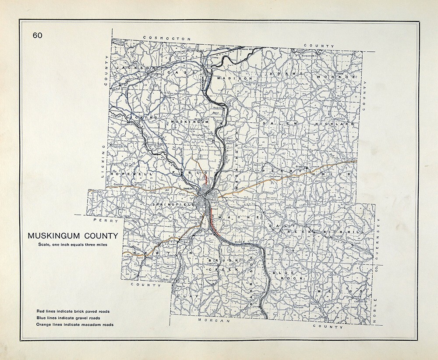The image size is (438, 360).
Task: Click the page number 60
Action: coord(37,35)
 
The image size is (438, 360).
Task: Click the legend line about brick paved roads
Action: coord(73,311)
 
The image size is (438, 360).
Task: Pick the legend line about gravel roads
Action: coord(69,318)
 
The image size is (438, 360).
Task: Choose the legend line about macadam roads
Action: coord(75,325)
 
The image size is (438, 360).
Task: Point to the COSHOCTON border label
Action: coord(170,39)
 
